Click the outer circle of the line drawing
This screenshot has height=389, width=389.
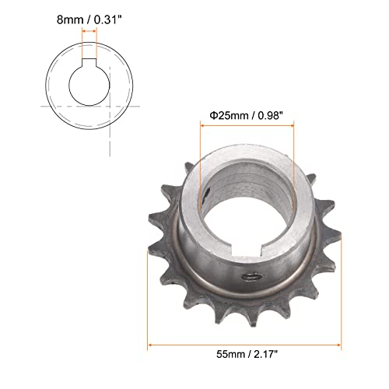(x=48, y=86)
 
